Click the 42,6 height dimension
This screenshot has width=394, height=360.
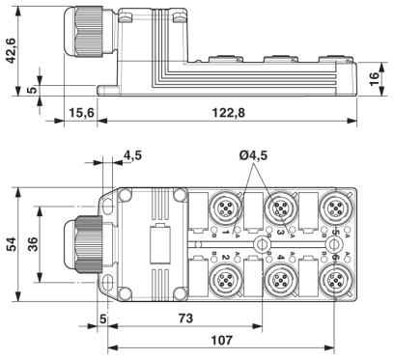(x=12, y=50)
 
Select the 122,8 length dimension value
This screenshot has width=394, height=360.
(x=228, y=113)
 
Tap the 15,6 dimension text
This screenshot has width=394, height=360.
(x=81, y=113)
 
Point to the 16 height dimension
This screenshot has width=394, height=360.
(x=374, y=79)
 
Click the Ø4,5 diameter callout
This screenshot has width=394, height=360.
(x=253, y=155)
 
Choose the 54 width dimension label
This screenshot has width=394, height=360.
(x=12, y=244)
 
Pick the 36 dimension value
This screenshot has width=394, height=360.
(x=33, y=244)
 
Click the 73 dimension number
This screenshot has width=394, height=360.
(x=185, y=318)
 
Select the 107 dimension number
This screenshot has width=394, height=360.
(x=221, y=340)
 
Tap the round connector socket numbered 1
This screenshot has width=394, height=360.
(x=225, y=208)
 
